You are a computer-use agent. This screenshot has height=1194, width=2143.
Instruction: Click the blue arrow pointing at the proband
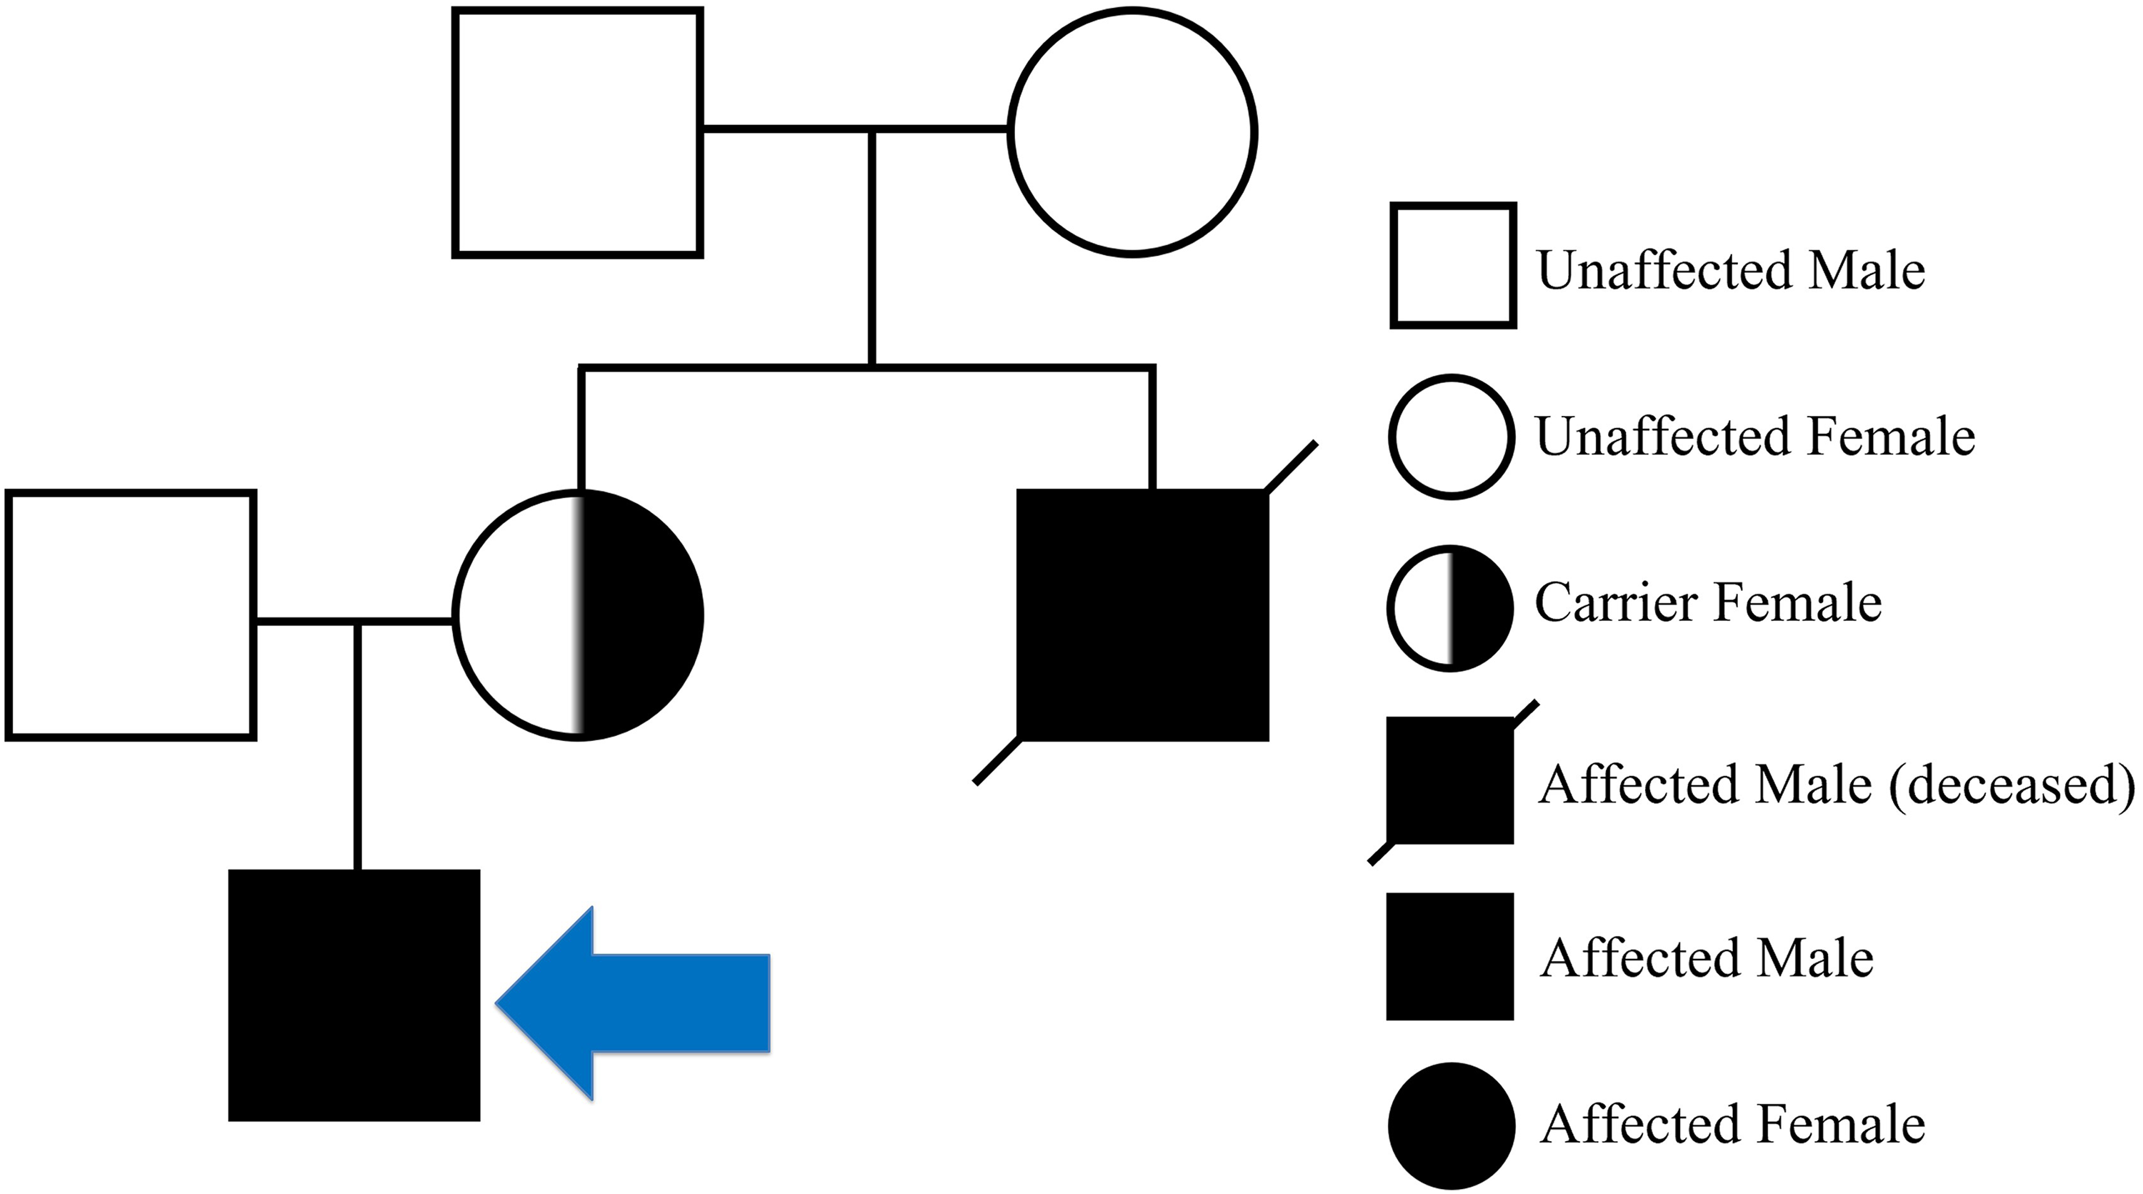[632, 1003]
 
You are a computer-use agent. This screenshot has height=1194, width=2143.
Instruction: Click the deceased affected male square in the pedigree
[1144, 615]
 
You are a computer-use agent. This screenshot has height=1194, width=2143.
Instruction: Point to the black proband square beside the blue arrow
[354, 995]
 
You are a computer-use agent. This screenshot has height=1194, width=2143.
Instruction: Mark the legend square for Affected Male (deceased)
[1450, 780]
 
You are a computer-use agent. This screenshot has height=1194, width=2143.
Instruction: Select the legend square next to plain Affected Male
[1450, 957]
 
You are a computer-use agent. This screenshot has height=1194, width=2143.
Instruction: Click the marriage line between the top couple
[856, 129]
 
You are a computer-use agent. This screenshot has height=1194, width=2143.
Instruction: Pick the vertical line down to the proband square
[359, 745]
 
